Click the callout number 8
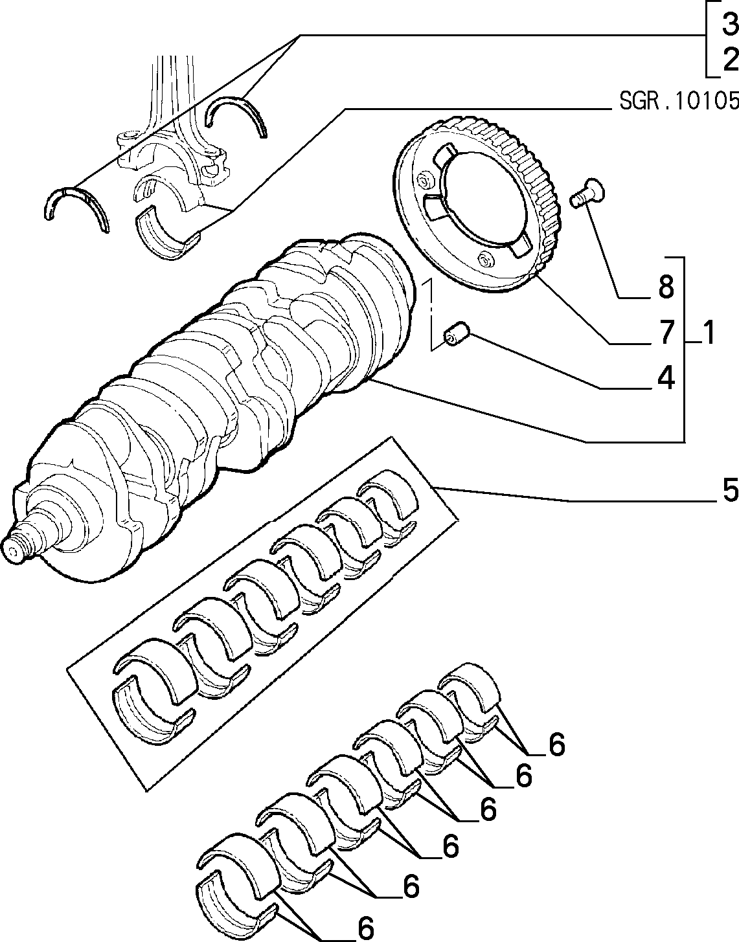click(x=666, y=287)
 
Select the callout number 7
click(x=666, y=333)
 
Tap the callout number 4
click(x=666, y=377)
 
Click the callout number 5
click(x=731, y=490)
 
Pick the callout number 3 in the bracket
click(x=731, y=24)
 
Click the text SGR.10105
click(x=679, y=101)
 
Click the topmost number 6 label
click(x=557, y=745)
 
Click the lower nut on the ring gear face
click(x=484, y=261)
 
